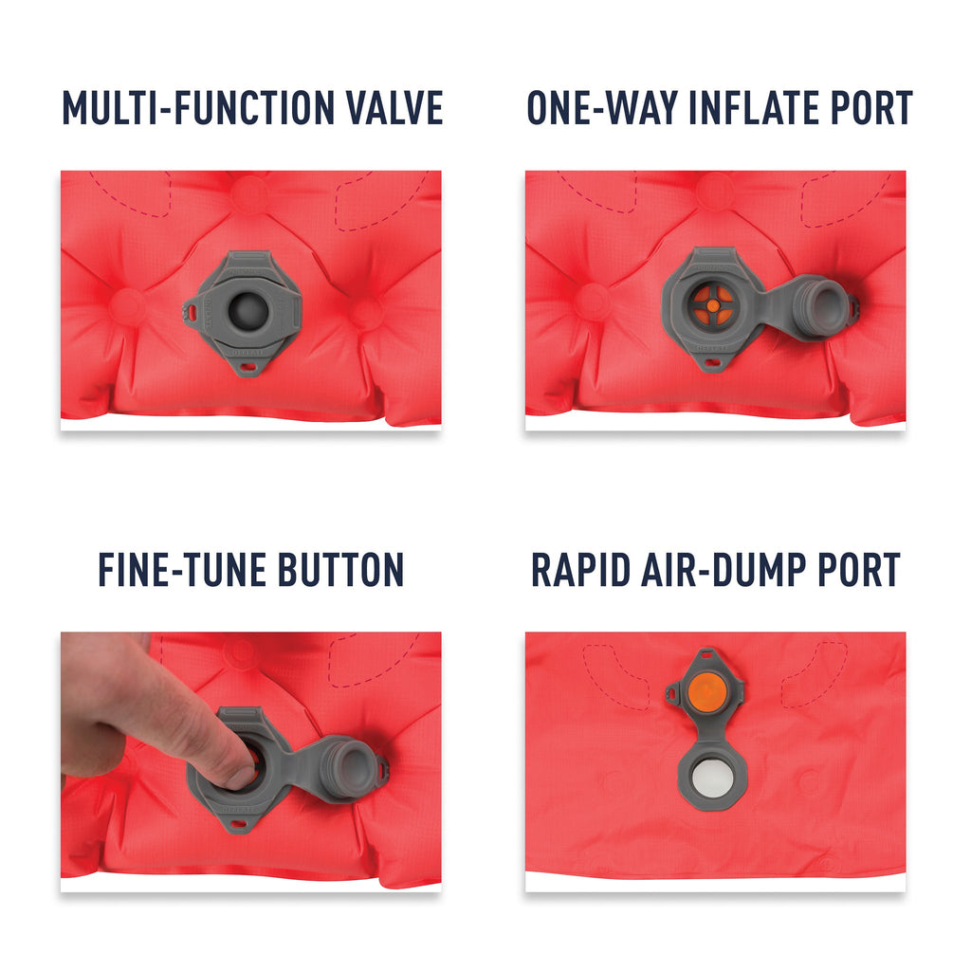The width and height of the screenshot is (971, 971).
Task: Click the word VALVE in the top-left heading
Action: [394, 108]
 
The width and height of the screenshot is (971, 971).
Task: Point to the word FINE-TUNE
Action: [182, 570]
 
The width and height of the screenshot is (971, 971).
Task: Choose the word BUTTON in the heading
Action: [340, 570]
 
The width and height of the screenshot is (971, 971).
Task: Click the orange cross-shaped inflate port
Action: [713, 305]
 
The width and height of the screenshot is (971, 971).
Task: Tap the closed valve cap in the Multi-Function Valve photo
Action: [248, 311]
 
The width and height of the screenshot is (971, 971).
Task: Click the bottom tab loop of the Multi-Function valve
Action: [247, 367]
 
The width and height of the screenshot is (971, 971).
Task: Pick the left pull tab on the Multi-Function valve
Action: [191, 311]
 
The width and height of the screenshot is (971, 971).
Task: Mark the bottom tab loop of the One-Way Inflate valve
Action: [712, 363]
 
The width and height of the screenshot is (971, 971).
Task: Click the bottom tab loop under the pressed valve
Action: [237, 824]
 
